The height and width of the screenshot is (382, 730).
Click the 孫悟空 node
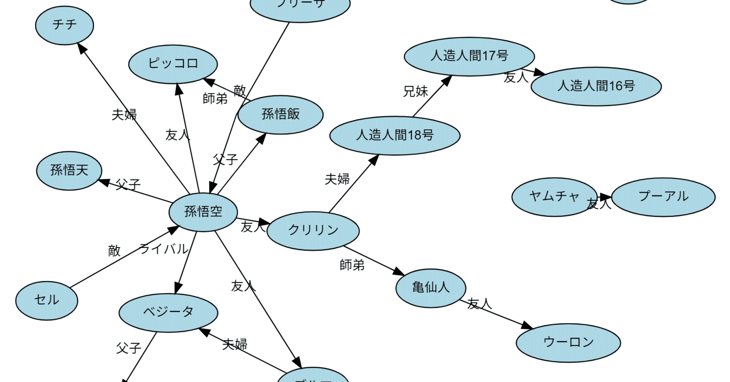point(203,212)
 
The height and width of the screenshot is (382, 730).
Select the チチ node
point(64,25)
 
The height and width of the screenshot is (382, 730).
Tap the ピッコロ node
point(173,64)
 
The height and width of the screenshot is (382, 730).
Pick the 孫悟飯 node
point(280,114)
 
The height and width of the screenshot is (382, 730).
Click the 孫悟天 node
point(69,170)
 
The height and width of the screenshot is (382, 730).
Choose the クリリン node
point(313,230)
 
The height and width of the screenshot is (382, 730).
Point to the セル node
point(47,300)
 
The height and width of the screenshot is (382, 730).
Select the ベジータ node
point(168,312)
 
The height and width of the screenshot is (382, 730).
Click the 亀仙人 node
point(431,288)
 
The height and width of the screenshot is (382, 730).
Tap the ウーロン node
point(568,343)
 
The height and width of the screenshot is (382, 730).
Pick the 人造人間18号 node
point(395,135)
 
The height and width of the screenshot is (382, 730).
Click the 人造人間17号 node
point(469,56)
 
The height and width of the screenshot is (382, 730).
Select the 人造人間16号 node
point(596,86)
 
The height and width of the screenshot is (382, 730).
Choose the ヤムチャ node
point(554,197)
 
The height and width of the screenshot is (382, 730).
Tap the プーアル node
point(663,197)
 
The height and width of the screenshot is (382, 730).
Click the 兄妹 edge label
point(415,91)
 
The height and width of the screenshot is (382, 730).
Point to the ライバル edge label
point(164,249)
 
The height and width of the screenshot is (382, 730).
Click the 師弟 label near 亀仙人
point(352,265)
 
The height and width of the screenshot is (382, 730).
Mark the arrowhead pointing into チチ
point(82,48)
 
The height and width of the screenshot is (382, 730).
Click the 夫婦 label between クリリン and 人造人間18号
point(337,179)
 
